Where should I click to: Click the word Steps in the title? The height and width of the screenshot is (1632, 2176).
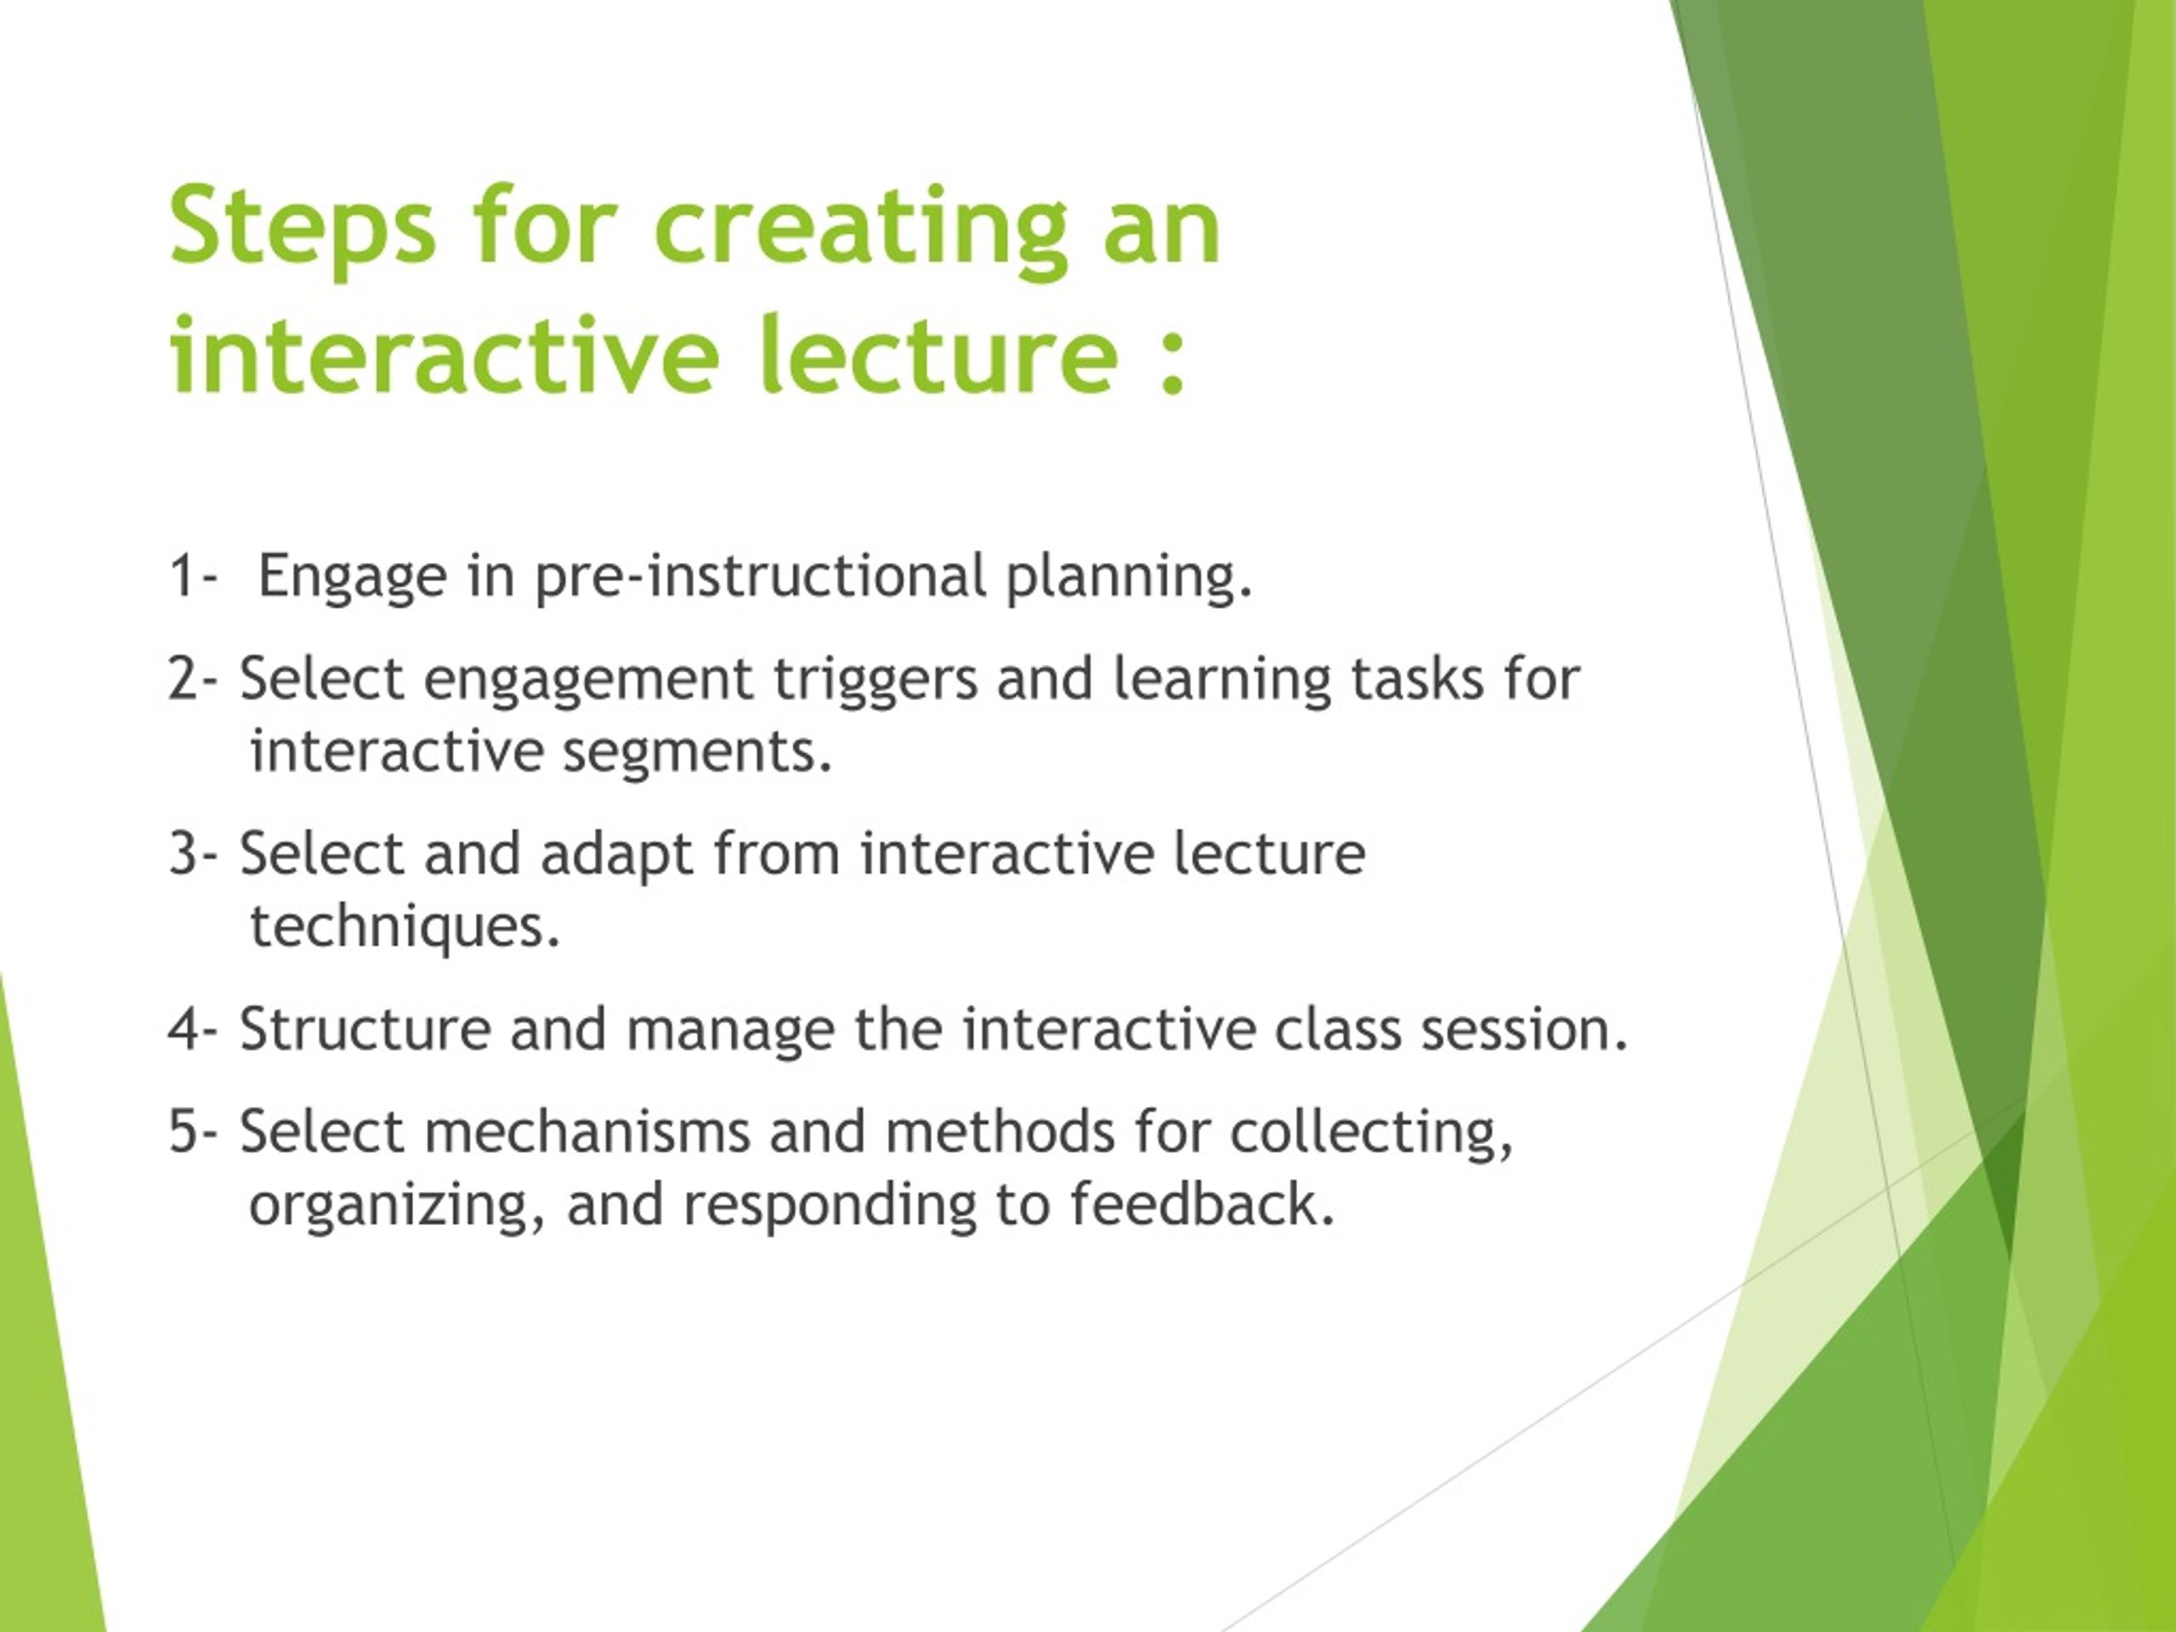coord(301,228)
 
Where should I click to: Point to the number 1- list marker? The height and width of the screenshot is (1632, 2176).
coord(191,575)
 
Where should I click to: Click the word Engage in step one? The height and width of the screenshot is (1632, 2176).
coord(352,577)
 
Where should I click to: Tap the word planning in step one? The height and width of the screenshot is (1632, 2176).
coord(1127,577)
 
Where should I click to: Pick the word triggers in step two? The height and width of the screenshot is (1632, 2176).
coord(875,681)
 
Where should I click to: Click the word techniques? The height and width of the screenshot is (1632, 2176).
coord(405,926)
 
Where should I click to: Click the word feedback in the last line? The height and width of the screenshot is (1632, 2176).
coord(1201,1204)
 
